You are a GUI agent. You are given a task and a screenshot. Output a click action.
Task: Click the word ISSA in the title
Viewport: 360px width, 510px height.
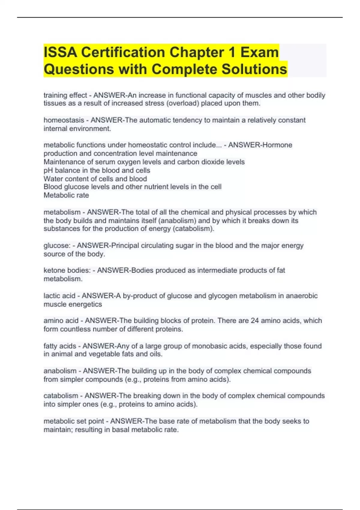pyautogui.click(x=60, y=52)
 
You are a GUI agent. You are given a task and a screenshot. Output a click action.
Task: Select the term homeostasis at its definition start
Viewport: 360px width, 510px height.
pyautogui.click(x=64, y=120)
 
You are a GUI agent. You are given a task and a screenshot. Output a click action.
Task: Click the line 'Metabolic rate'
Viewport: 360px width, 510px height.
pyautogui.click(x=66, y=195)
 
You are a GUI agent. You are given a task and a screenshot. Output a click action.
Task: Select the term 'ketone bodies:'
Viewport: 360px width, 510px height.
pyautogui.click(x=67, y=270)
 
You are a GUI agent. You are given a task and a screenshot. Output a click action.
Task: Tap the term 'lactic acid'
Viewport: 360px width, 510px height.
pyautogui.click(x=59, y=296)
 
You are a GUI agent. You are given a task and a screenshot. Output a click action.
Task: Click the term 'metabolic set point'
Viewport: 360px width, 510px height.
pyautogui.click(x=73, y=421)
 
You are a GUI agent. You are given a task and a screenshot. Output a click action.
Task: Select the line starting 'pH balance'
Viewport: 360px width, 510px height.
pyautogui.click(x=97, y=170)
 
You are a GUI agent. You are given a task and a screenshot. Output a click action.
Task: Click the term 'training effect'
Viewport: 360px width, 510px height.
pyautogui.click(x=65, y=95)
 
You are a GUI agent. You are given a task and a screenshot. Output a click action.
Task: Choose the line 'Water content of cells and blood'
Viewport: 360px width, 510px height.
pyautogui.click(x=95, y=179)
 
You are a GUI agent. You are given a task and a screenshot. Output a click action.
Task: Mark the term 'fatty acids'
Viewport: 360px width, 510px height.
pyautogui.click(x=59, y=346)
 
